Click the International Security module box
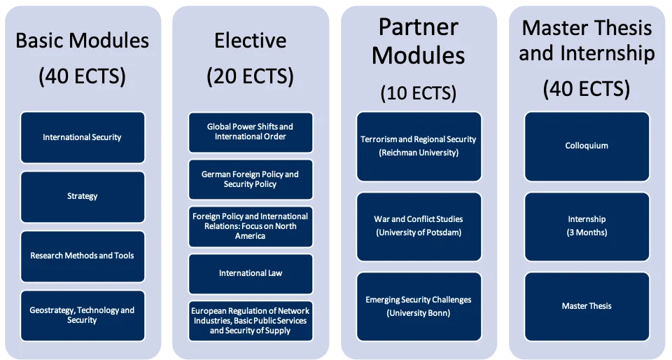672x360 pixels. coord(83,137)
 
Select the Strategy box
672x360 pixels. coord(83,196)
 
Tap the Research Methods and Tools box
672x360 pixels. coord(83,256)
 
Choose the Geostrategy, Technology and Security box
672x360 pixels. coord(83,315)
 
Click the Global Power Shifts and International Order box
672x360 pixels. coord(250,132)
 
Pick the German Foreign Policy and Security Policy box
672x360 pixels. coord(250,179)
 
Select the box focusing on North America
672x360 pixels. coord(250,226)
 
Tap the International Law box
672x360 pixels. coord(250,273)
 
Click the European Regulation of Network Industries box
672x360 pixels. coord(250,321)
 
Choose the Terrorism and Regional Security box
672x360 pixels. coord(419,146)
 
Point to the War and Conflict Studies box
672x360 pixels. coord(419,226)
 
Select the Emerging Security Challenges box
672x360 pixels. coord(419,306)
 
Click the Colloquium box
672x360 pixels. coord(587,146)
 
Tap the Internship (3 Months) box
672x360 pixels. coord(587,226)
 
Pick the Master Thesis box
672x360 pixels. coord(587,306)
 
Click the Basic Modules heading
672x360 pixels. coord(83,40)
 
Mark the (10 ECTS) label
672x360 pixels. coord(419,92)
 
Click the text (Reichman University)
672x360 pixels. coord(419,153)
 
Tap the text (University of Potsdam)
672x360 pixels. coord(419,233)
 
